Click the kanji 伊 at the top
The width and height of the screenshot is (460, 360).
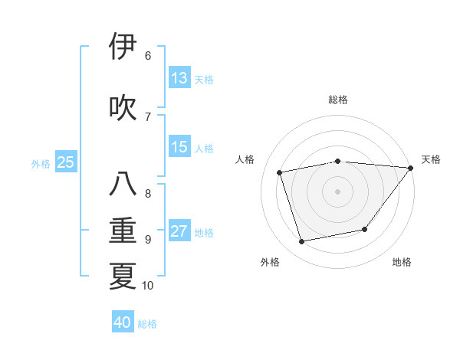(x=123, y=47)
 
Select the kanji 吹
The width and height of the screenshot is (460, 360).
(x=123, y=107)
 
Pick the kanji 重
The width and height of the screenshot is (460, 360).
(x=123, y=231)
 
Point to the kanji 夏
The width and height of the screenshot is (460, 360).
(x=123, y=275)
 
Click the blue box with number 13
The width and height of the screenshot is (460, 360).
(x=179, y=78)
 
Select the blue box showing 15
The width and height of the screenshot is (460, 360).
(x=179, y=147)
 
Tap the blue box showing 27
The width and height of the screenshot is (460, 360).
(x=179, y=231)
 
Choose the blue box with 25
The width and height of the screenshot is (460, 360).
(x=65, y=162)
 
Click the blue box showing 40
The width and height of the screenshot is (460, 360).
(x=123, y=322)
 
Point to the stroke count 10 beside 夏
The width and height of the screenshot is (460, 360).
(x=148, y=286)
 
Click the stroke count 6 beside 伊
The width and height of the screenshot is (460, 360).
(x=148, y=55)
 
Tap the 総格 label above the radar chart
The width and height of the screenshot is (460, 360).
(x=337, y=100)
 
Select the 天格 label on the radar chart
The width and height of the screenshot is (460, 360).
(x=432, y=159)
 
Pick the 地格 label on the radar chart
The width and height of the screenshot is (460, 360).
(x=402, y=262)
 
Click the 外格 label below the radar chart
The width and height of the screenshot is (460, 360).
(x=270, y=262)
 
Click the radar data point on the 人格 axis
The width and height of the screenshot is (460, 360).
(x=280, y=172)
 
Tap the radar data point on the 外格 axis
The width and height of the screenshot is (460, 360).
(x=301, y=241)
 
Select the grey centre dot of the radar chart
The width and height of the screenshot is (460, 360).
(x=337, y=191)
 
